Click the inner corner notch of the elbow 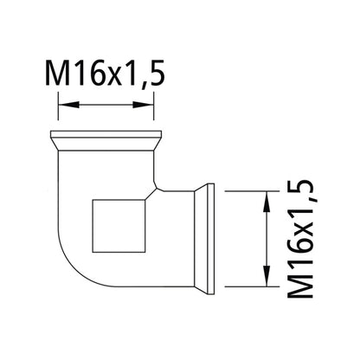point(155,186)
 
